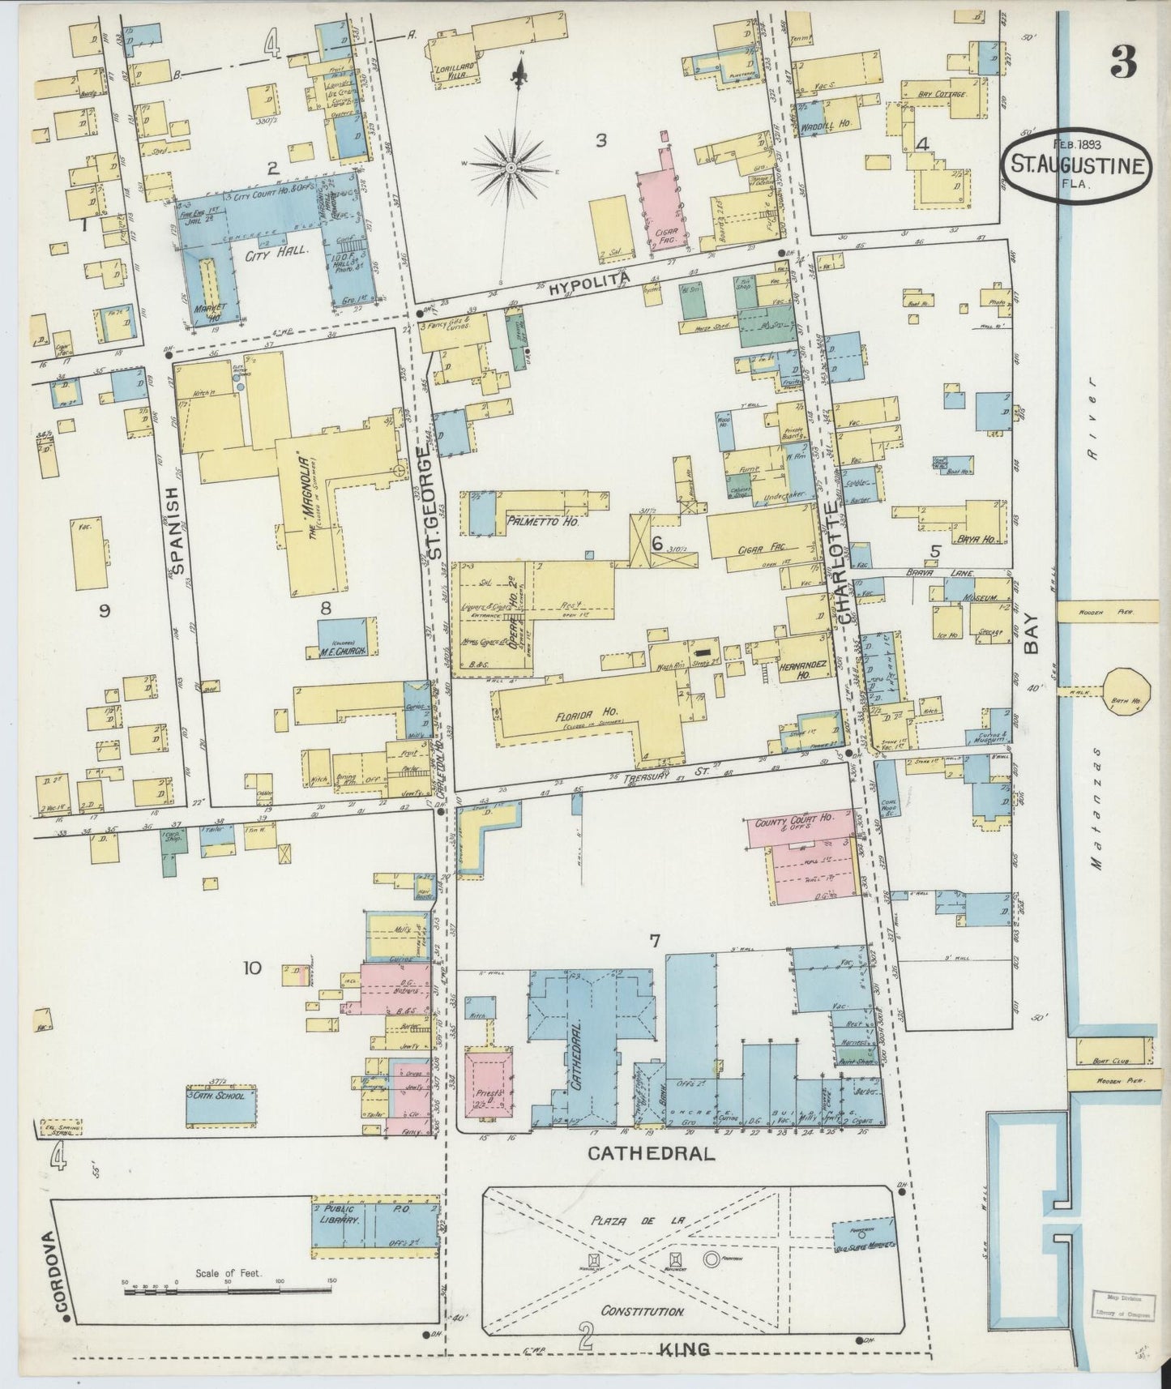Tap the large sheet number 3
1124,62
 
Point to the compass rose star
512,168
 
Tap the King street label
686,1349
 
